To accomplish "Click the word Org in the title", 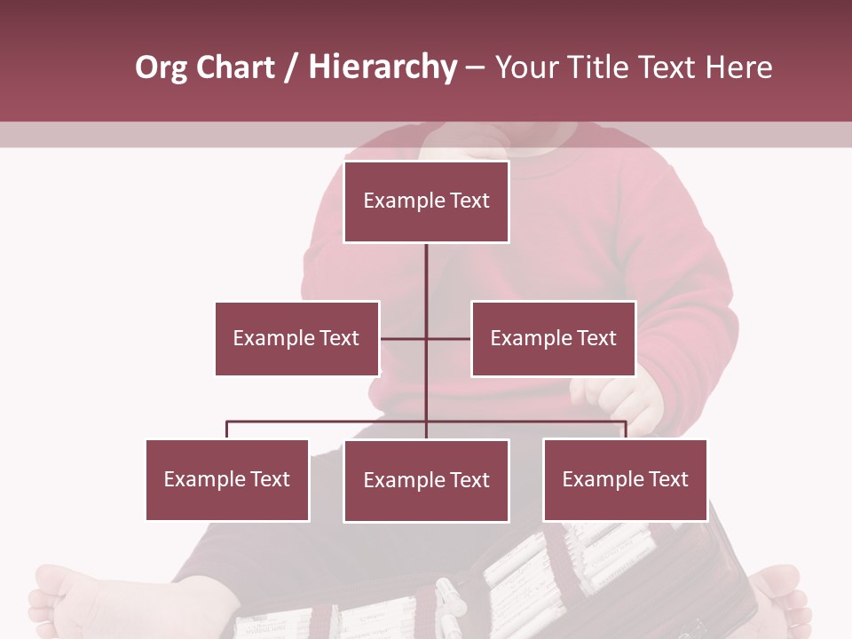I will (x=161, y=67).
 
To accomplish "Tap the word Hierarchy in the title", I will (x=382, y=67).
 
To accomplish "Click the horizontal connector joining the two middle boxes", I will (x=404, y=338).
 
